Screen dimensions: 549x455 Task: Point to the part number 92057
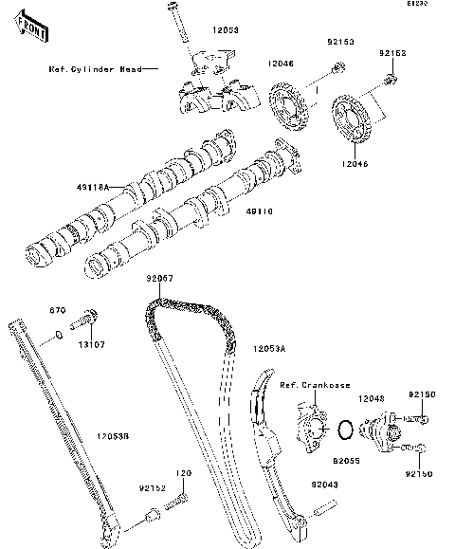coord(159,279)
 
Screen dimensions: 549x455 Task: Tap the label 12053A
coord(269,350)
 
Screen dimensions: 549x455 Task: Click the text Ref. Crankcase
coord(316,385)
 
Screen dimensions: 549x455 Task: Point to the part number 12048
coord(373,399)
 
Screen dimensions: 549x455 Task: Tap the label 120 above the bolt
coord(182,472)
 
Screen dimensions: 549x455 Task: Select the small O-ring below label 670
coord(58,333)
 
